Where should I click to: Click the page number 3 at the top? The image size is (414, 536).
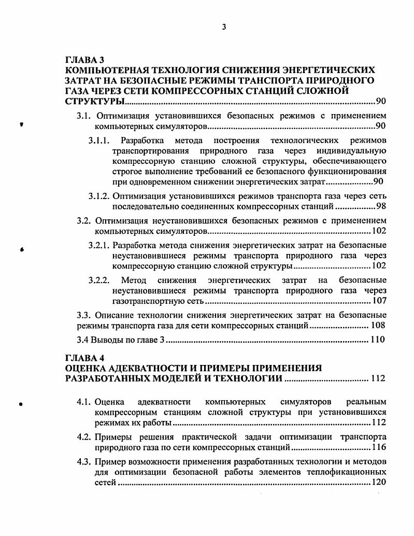[x=223, y=27]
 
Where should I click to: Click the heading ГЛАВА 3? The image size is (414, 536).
[x=85, y=60]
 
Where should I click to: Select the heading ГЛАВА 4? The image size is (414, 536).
[x=85, y=358]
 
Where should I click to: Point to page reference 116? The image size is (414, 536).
[x=379, y=447]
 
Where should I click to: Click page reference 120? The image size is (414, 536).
[x=379, y=482]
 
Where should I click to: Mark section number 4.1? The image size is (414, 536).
[x=84, y=402]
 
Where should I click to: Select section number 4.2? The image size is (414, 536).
[x=84, y=436]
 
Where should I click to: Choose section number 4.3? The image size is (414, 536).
[x=84, y=461]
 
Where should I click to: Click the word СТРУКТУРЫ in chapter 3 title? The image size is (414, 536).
[x=91, y=101]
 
